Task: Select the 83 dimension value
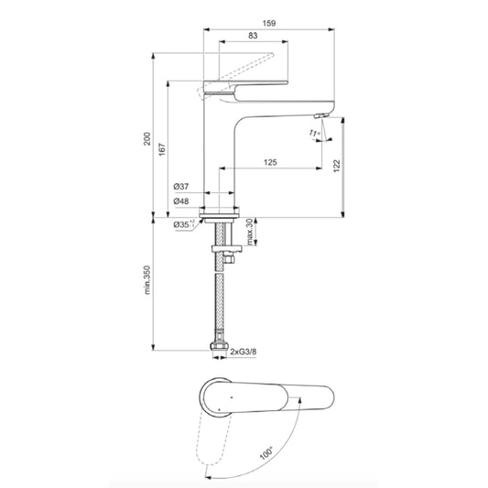point(252,36)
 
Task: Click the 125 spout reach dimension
point(271,162)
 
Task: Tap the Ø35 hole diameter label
point(183,222)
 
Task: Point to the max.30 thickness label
point(254,230)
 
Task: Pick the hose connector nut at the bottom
point(219,349)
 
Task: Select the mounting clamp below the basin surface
point(222,246)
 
